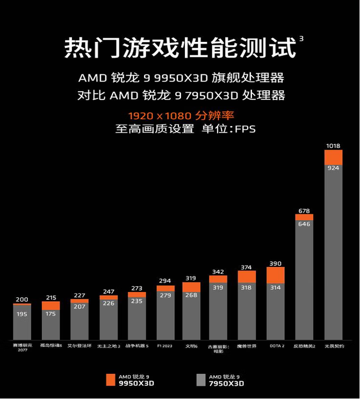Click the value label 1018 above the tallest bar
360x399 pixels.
333,146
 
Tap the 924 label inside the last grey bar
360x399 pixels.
333,168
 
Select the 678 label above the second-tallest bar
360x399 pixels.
304,211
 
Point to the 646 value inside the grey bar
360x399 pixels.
304,224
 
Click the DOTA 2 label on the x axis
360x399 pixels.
276,346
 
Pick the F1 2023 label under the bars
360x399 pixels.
165,346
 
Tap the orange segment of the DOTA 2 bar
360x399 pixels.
276,275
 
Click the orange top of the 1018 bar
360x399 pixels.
333,157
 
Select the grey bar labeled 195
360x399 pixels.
22,323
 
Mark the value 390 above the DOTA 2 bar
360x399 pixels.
276,264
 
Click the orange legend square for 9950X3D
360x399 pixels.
111,379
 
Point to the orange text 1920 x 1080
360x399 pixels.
150,115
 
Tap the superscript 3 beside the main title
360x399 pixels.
301,38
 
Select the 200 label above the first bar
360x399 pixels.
22,299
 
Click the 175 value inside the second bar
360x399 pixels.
51,314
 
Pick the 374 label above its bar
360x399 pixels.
247,267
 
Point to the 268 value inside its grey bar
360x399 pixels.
191,295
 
